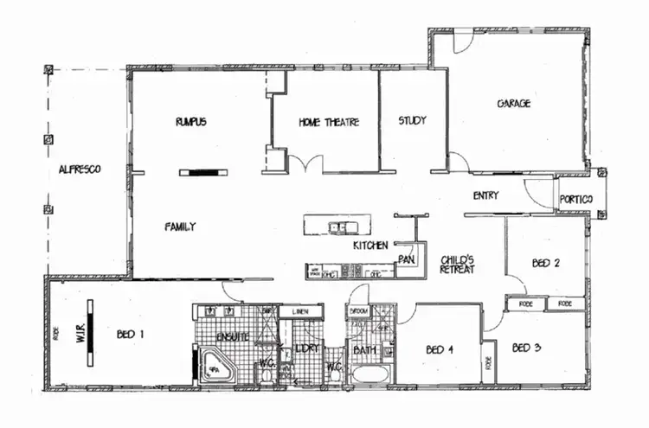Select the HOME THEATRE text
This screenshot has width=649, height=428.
click(329, 122)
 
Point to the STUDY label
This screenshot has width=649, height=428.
click(412, 120)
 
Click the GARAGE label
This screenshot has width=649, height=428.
click(513, 103)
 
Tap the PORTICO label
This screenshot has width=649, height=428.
click(576, 200)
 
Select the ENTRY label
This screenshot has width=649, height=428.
click(485, 195)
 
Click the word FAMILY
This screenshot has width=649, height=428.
click(180, 227)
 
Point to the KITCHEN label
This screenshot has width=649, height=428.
click(369, 246)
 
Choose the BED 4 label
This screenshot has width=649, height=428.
click(439, 350)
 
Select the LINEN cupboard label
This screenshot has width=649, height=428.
click(300, 311)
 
